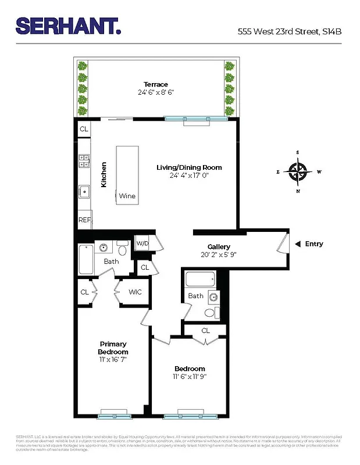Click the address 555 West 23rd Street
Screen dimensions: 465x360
click(289, 32)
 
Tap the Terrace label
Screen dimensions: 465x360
click(156, 85)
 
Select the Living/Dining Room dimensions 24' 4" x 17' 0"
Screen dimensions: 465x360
click(189, 175)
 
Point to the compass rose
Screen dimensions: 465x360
click(298, 171)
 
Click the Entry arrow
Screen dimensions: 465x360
click(298, 244)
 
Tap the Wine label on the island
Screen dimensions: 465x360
click(127, 196)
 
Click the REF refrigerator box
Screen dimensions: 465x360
click(85, 220)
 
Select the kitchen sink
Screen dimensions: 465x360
click(84, 189)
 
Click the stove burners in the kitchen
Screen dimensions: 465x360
click(84, 160)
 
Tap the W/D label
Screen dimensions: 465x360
click(142, 243)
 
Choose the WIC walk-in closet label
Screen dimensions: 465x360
click(135, 292)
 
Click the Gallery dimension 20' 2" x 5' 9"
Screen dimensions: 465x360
click(219, 254)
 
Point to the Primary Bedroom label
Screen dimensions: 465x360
click(113, 348)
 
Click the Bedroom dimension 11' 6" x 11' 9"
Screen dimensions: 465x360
click(190, 376)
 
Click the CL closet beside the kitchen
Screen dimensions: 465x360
click(84, 129)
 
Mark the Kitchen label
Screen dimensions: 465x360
click(104, 174)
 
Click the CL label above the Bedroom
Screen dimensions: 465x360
click(205, 330)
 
